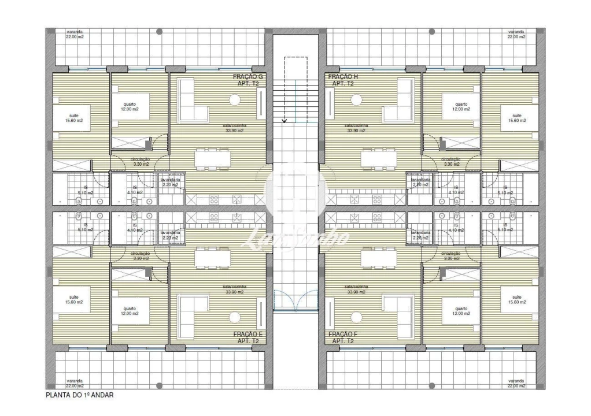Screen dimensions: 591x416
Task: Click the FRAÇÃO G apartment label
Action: [x=248, y=80]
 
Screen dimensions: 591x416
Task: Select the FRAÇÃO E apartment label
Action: [x=248, y=337]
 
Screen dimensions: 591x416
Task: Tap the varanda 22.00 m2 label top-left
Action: [x=75, y=34]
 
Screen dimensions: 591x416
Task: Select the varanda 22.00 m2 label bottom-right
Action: [x=516, y=384]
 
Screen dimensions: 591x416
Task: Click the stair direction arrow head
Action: [x=285, y=121]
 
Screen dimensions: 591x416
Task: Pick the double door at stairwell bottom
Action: [x=295, y=300]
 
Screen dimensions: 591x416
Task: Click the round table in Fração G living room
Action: [x=235, y=100]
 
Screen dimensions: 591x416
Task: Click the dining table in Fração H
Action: [x=379, y=159]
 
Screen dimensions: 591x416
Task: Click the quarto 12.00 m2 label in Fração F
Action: [x=461, y=311]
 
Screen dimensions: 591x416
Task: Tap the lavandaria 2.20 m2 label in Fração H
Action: [x=421, y=182]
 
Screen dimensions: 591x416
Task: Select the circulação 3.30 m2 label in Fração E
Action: [x=141, y=255]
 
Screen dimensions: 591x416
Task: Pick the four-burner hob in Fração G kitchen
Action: [x=213, y=200]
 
